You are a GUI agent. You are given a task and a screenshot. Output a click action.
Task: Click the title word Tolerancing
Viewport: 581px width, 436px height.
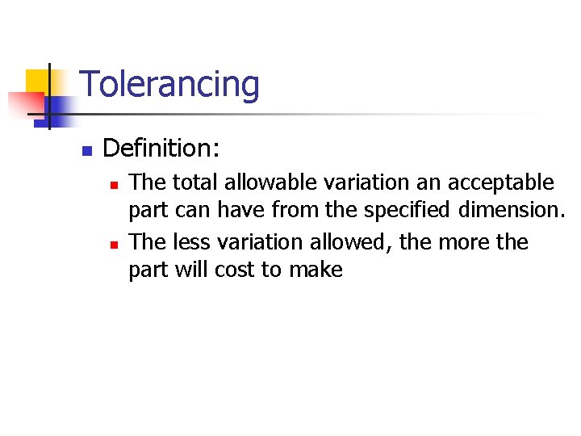[x=169, y=85]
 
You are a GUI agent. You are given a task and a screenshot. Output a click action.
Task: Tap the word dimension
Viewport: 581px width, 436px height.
[x=510, y=211]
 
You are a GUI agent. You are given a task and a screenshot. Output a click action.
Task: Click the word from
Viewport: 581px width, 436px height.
[x=295, y=211]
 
